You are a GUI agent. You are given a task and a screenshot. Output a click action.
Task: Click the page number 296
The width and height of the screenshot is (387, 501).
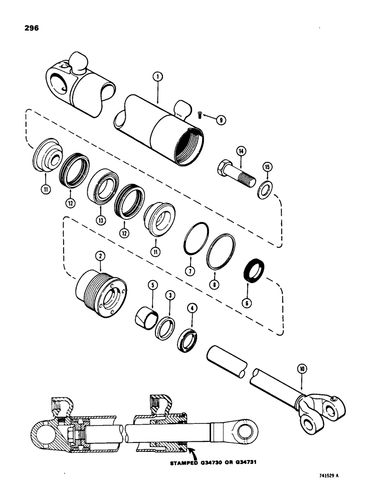(26, 28)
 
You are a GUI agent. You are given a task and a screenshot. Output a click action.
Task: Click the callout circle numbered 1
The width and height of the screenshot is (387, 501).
(157, 77)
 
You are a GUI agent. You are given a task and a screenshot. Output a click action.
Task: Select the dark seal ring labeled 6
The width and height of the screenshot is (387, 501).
(257, 270)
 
